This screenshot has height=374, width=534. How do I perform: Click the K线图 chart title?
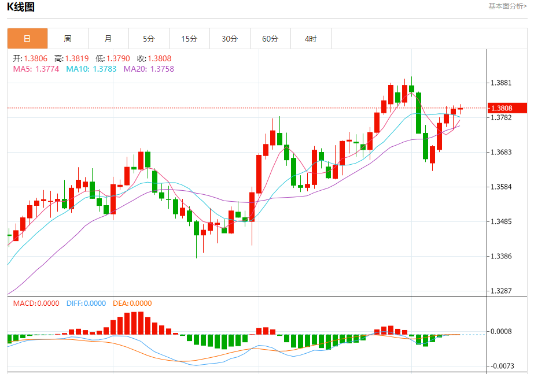[21, 7]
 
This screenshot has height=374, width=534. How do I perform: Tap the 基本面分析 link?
[507, 6]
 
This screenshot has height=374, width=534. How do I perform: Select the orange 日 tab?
[27, 39]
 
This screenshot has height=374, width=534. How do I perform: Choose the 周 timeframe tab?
[68, 39]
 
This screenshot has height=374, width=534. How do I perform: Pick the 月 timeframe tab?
[108, 39]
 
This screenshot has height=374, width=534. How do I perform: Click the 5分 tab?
[149, 39]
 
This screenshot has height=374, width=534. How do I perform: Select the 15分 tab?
[189, 39]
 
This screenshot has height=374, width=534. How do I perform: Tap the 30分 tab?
[230, 39]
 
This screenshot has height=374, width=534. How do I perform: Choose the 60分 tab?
[270, 39]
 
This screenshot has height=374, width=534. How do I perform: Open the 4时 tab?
[311, 39]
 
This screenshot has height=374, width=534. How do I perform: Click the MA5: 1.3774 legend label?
[36, 69]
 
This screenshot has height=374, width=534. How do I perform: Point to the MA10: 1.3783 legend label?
[91, 69]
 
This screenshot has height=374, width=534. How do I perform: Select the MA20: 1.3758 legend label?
[149, 69]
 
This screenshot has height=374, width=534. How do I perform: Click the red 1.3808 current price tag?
[508, 108]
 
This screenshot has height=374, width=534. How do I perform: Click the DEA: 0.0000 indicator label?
[131, 303]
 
